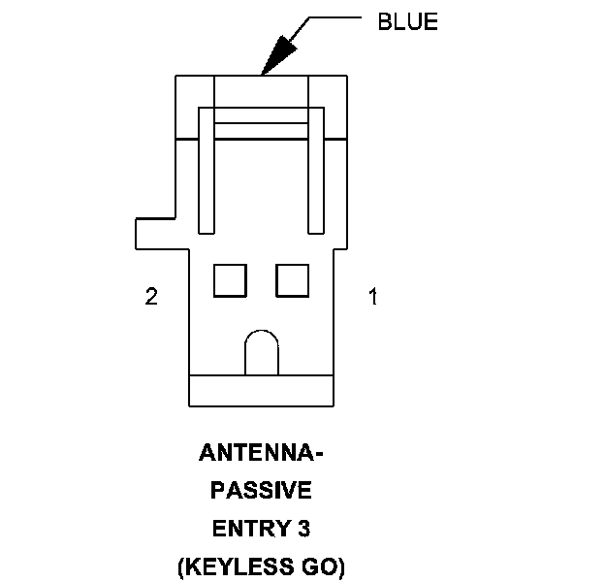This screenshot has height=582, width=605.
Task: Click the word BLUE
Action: click(407, 22)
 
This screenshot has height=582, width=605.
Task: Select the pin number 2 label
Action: click(151, 297)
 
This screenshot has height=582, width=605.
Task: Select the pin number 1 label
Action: click(372, 297)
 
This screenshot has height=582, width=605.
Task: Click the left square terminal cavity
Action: click(230, 279)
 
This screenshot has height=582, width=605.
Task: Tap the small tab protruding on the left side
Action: click(155, 233)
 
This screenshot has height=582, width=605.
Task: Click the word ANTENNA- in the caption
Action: click(261, 454)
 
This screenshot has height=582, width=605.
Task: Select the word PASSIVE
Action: click(261, 492)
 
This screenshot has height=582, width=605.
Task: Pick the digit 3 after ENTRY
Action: click(303, 529)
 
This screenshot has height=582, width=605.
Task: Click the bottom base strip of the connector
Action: click(261, 391)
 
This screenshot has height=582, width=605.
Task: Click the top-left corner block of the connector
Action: click(194, 107)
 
